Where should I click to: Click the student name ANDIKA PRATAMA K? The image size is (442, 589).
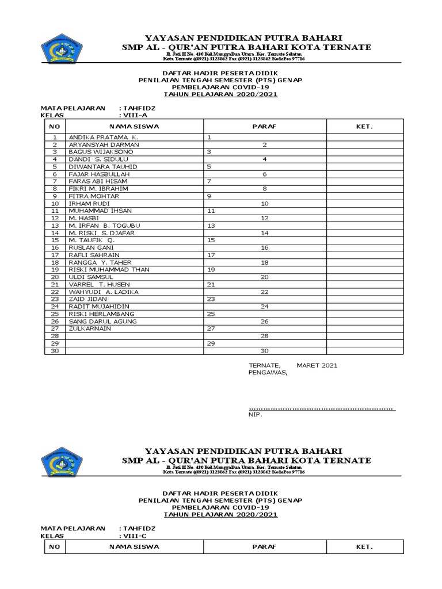(x=104, y=137)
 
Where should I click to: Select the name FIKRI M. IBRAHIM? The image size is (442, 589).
(x=98, y=188)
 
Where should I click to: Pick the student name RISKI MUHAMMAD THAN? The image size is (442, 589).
(x=107, y=269)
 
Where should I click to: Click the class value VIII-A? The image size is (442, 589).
(x=132, y=114)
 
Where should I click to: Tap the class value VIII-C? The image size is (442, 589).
(x=132, y=534)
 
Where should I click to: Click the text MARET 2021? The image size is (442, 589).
(x=317, y=365)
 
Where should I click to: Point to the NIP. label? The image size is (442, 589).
(x=254, y=415)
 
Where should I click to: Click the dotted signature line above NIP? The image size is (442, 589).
(x=321, y=408)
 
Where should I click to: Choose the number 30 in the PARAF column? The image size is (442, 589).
(x=265, y=350)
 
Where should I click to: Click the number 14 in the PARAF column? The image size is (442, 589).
(x=265, y=232)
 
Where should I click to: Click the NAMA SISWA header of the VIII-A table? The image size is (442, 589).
(x=134, y=125)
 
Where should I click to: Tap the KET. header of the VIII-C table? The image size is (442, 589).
(x=364, y=546)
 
